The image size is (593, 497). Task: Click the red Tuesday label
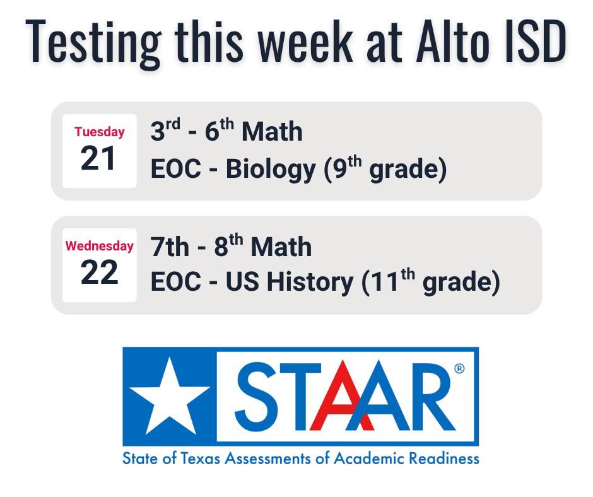pos(99,132)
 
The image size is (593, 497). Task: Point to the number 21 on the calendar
pos(99,159)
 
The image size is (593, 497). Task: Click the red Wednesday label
pos(99,246)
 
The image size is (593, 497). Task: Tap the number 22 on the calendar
pos(99,273)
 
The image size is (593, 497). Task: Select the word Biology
pos(271,170)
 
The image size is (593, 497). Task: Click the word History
pos(310,283)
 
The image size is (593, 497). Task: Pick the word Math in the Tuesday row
pos(272,132)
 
